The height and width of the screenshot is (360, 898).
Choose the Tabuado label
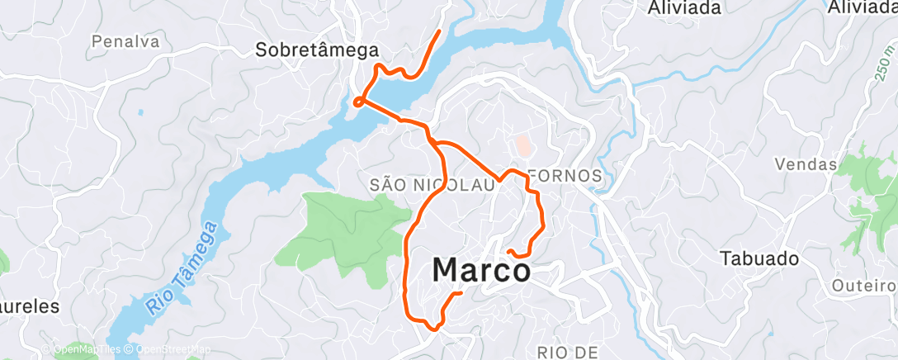pos(759,258)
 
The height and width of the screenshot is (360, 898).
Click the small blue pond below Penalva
pos(140,111)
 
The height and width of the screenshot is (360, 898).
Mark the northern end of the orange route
pos(439,31)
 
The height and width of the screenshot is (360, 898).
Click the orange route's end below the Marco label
pos(461,293)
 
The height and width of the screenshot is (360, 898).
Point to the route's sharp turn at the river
pos(357,102)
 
